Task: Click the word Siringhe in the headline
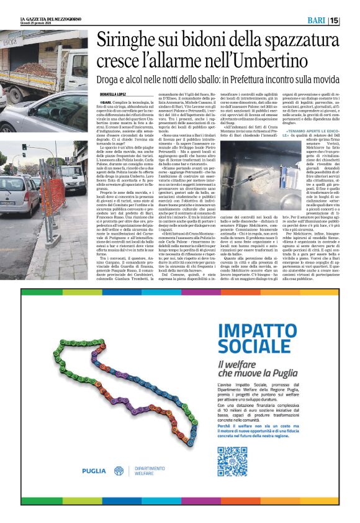132,42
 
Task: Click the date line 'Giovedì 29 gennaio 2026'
30,24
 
